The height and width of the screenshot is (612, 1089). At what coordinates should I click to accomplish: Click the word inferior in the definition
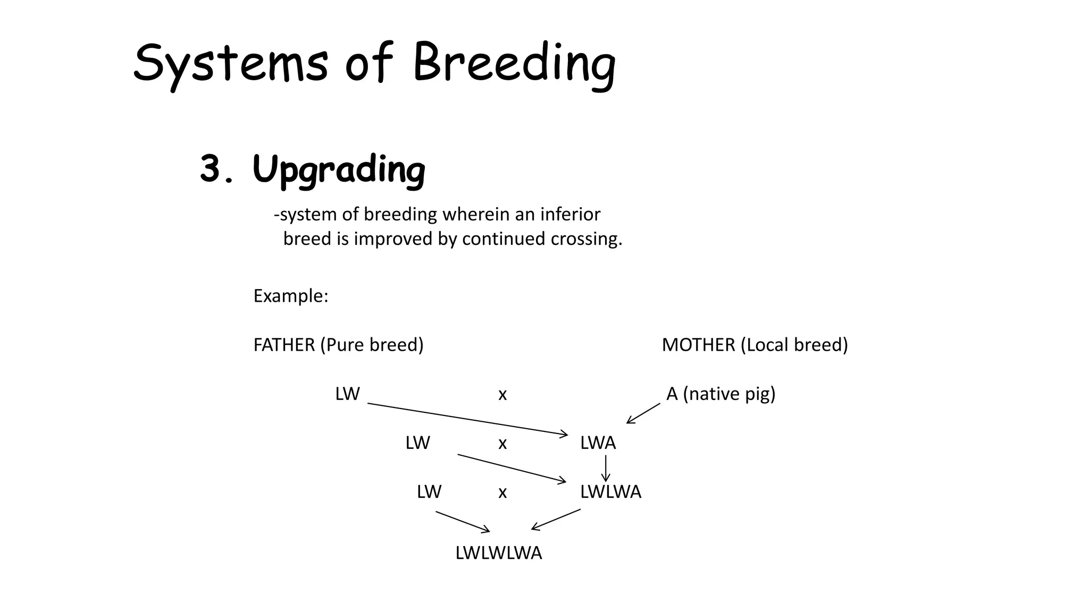click(570, 214)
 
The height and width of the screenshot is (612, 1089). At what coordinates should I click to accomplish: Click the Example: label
click(291, 295)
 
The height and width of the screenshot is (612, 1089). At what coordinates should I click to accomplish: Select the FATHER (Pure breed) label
click(338, 345)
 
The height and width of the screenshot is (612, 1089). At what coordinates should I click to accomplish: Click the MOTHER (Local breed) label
click(755, 345)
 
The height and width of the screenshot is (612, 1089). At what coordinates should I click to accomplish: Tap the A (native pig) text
click(721, 394)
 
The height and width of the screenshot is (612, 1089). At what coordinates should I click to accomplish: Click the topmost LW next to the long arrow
click(347, 394)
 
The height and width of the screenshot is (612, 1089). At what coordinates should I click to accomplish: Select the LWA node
click(598, 443)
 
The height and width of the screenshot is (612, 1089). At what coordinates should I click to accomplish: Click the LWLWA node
click(610, 492)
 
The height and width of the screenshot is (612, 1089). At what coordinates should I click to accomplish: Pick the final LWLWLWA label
click(498, 553)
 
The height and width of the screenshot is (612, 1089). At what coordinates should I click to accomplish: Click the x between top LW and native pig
click(502, 395)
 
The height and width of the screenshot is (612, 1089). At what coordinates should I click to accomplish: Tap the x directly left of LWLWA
click(502, 493)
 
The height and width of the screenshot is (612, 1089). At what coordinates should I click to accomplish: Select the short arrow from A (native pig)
click(643, 413)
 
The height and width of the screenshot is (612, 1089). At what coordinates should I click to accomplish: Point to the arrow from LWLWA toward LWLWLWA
click(556, 520)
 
